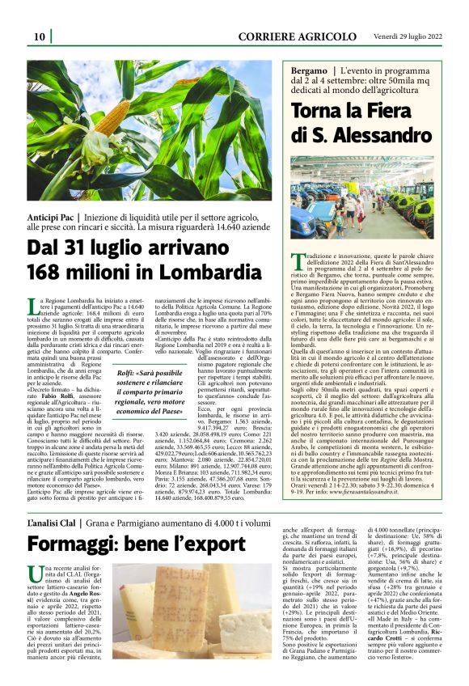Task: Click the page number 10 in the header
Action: click(39, 36)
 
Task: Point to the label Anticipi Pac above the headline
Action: click(51, 218)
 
